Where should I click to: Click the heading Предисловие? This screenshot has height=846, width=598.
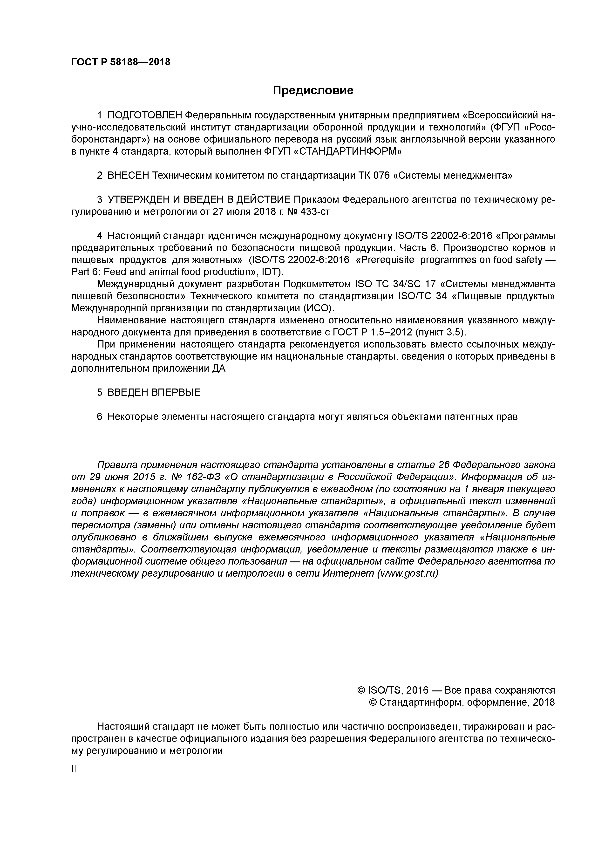pyautogui.click(x=313, y=90)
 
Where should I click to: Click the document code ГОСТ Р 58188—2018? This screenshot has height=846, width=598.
pyautogui.click(x=121, y=62)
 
